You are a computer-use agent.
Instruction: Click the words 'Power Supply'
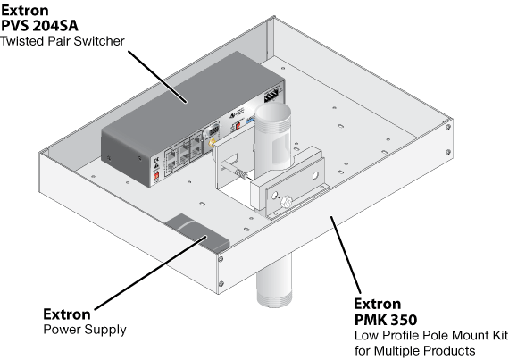coord(85,330)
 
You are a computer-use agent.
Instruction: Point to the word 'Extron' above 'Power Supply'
coord(67,314)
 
